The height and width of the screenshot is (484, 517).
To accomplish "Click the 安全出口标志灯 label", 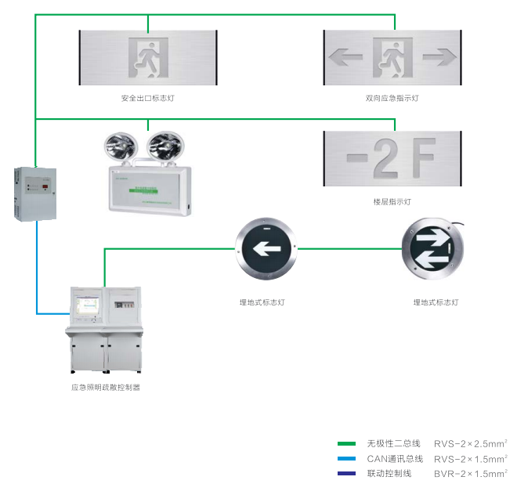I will click(x=147, y=99).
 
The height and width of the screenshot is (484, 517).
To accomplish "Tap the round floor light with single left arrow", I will click(x=266, y=251).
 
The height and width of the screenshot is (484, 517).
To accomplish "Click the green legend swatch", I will click(x=345, y=444).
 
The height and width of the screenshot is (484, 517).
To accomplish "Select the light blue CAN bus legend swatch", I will click(x=345, y=459).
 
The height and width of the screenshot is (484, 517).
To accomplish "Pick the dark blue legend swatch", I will click(x=345, y=474).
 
